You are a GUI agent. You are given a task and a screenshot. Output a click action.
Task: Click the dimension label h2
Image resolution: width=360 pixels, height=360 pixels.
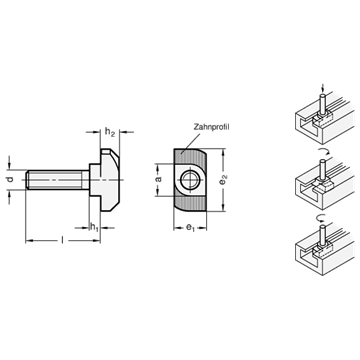110,132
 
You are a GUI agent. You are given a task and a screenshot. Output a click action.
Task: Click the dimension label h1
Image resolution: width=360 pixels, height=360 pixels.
94,228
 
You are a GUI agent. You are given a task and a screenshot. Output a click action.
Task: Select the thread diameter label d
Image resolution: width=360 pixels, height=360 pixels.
11,179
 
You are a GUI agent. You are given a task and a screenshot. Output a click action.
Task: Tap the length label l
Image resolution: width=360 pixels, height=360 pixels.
62,240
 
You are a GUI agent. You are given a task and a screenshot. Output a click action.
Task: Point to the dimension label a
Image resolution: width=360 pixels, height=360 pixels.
159,179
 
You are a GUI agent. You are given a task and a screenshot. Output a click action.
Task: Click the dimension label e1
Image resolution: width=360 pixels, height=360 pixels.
190,228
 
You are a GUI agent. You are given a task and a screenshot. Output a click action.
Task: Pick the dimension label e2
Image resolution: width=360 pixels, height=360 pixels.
224,180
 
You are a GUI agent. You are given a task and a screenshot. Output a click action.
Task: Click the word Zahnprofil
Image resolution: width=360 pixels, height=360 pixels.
212,127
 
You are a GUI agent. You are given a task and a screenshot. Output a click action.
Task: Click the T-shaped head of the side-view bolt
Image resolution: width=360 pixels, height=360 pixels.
105,180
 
